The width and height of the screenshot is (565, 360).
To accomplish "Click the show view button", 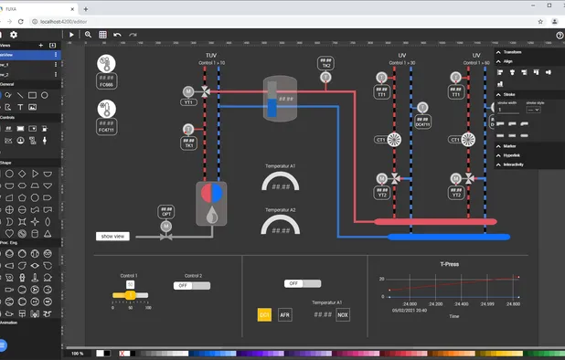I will (x=112, y=236).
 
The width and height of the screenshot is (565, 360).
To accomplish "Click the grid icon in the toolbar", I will (x=102, y=35).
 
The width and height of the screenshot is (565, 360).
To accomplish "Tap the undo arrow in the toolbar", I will (x=117, y=35).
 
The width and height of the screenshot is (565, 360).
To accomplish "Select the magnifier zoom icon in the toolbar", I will (x=88, y=35).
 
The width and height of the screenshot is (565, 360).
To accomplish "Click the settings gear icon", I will (x=14, y=35).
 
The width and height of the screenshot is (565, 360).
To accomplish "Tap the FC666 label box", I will (x=107, y=83).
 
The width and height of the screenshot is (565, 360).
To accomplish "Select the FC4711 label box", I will (x=107, y=130).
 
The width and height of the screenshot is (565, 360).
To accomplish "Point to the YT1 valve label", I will (x=188, y=103).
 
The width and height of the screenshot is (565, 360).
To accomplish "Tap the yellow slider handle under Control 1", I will (x=130, y=294).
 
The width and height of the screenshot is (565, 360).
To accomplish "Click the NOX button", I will (x=343, y=314).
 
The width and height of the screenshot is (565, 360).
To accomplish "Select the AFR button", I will (x=285, y=314).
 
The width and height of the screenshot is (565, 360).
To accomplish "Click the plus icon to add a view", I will (x=40, y=45).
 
